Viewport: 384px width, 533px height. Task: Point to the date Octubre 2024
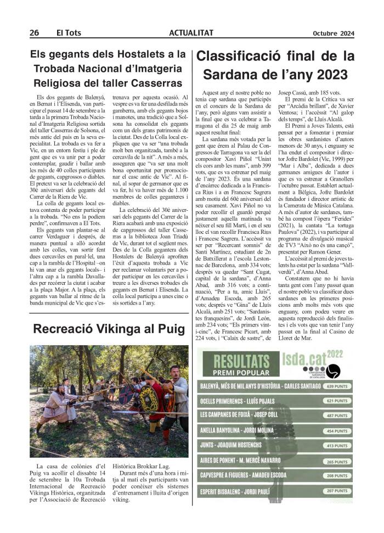pos(334,33)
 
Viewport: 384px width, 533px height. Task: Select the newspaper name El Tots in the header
pos(69,33)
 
